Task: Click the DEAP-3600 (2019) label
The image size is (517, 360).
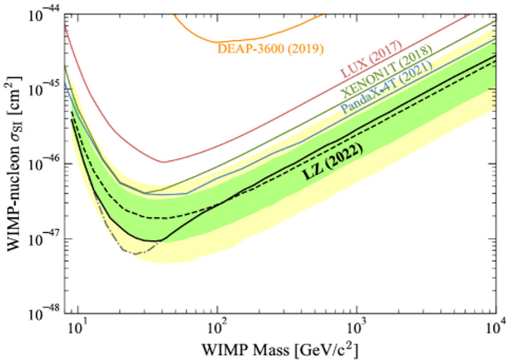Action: click(x=271, y=49)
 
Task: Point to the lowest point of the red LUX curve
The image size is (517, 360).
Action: click(x=163, y=161)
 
